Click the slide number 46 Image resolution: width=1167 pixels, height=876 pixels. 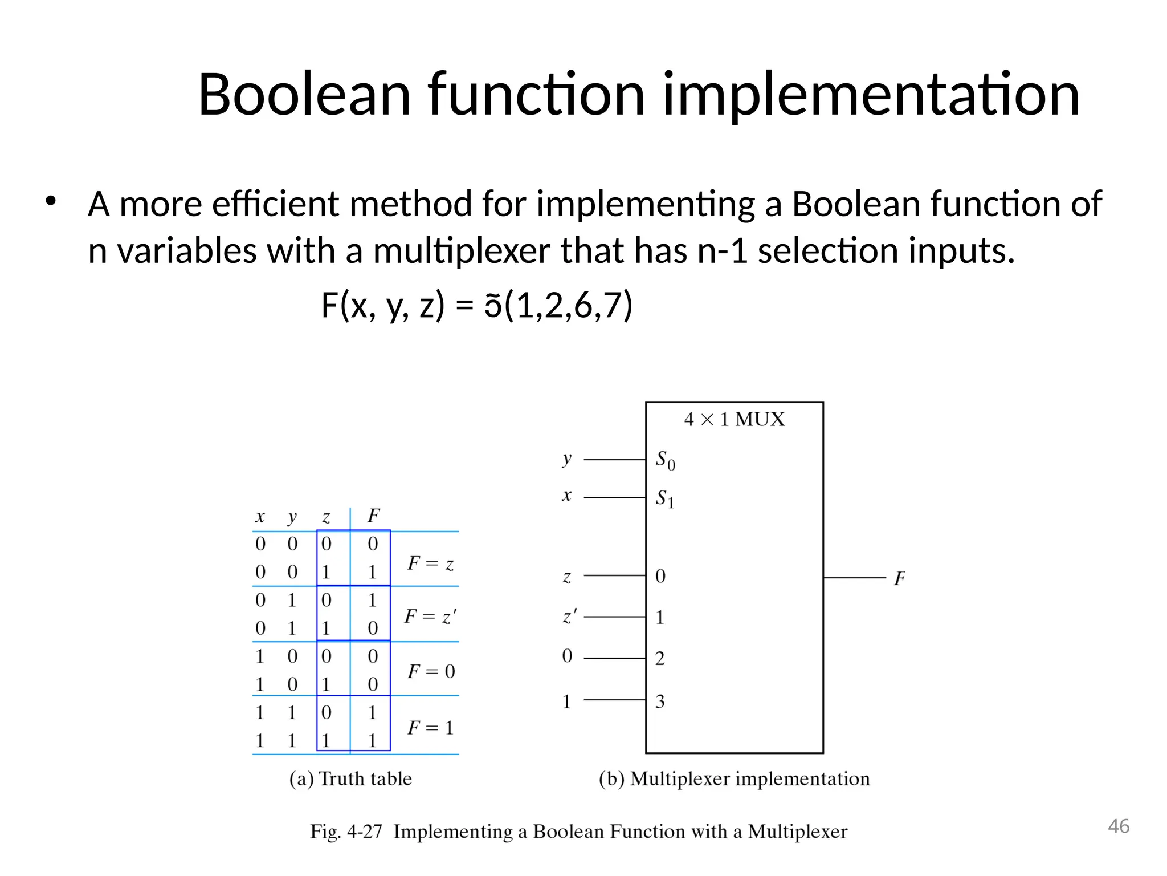coord(1119,826)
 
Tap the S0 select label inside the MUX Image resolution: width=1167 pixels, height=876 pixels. coord(666,460)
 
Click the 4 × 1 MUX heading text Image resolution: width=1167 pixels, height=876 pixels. coord(734,420)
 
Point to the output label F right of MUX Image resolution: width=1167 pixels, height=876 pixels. coord(899,579)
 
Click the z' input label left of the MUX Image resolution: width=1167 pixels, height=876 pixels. coord(569,617)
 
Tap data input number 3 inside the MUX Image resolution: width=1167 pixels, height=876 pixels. coord(660,701)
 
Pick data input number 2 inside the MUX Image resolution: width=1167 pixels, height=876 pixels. coord(660,659)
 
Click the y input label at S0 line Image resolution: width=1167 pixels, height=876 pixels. coord(566,459)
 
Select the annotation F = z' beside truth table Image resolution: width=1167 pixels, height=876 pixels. coord(430,617)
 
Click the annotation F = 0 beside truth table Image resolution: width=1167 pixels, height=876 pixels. coord(431,671)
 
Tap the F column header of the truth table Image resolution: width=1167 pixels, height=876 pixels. coord(373,516)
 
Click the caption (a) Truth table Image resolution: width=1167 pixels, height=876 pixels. coord(350,778)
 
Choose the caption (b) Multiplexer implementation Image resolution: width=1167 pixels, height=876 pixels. coord(734,778)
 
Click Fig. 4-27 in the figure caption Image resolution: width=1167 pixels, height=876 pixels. coord(345,832)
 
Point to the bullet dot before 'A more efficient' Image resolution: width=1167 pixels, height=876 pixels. coord(51,201)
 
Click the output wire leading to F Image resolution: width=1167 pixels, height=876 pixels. coord(855,578)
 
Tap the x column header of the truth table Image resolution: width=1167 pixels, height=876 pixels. coord(260,517)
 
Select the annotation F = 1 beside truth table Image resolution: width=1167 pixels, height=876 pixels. coord(431,728)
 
